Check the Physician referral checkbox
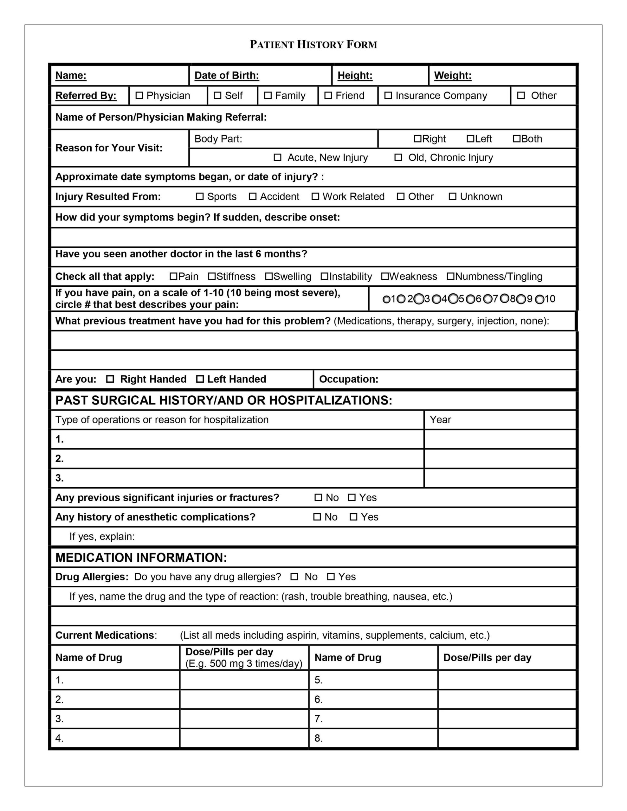coord(139,95)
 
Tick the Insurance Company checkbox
coord(388,95)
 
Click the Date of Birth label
coord(226,75)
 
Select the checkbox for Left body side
coord(470,138)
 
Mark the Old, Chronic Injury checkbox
coord(398,157)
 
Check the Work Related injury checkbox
coord(315,196)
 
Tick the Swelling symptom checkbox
coord(269,276)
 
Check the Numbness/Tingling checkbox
coord(450,276)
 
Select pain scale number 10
coord(539,299)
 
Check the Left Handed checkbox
coord(200,379)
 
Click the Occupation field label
coord(348,379)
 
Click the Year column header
coord(440,420)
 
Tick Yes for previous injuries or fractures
coord(352,498)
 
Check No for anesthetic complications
coord(317,517)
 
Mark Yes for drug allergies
coord(330,577)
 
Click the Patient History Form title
coord(313,45)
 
